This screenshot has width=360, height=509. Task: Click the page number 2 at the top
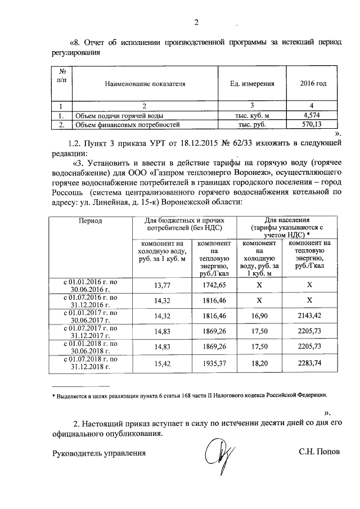(x=196, y=23)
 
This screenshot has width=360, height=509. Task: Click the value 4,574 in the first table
(x=311, y=115)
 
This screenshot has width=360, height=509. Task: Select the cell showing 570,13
(x=311, y=124)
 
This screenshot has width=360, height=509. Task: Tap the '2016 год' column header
(x=311, y=84)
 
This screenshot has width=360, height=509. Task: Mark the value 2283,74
(x=309, y=364)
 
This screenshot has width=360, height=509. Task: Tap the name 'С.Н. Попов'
(x=319, y=452)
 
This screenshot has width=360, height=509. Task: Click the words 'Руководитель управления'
(x=99, y=452)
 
